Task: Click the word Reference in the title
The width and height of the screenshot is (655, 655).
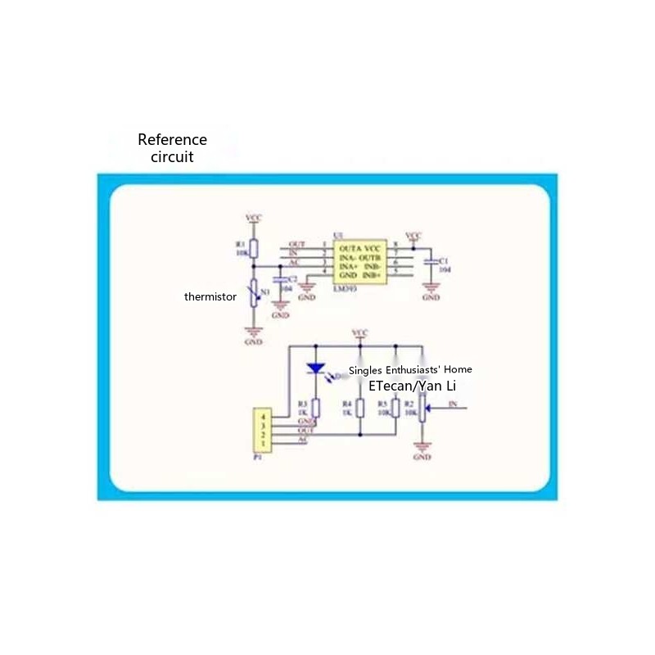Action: point(172,140)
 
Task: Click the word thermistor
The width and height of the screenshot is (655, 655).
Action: point(210,296)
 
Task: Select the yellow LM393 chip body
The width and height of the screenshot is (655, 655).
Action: point(360,261)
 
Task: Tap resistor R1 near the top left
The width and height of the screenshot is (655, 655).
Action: point(254,248)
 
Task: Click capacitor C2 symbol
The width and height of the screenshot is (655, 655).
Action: point(281,280)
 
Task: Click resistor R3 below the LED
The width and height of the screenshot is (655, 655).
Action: point(316,408)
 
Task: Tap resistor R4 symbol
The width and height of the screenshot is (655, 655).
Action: point(359,408)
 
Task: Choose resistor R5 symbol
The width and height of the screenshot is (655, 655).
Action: point(395,408)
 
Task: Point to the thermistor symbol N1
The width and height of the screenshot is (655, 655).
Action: point(254,292)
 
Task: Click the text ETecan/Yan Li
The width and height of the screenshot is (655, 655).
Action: point(413,384)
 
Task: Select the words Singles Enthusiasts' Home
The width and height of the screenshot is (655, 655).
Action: point(410,369)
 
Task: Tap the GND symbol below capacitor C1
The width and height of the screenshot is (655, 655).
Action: point(431,288)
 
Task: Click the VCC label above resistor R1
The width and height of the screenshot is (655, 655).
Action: point(254,217)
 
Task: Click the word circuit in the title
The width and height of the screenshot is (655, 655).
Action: point(172,157)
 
